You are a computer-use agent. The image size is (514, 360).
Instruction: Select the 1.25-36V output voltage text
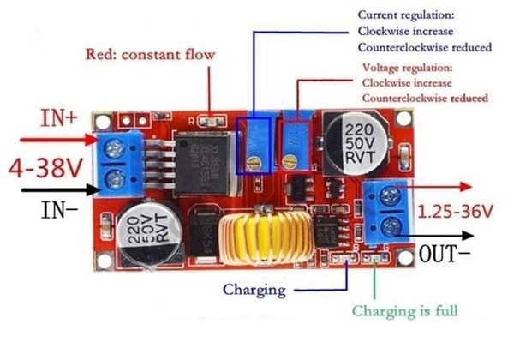point(454,210)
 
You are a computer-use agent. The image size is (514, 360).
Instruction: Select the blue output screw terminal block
point(387,211)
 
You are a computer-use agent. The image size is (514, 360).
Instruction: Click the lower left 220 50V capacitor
point(149,231)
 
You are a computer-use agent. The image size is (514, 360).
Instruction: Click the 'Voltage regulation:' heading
point(407,67)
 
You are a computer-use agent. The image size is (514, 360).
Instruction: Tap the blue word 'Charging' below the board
point(254,289)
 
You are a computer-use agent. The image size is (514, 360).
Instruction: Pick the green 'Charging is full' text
point(405,310)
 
